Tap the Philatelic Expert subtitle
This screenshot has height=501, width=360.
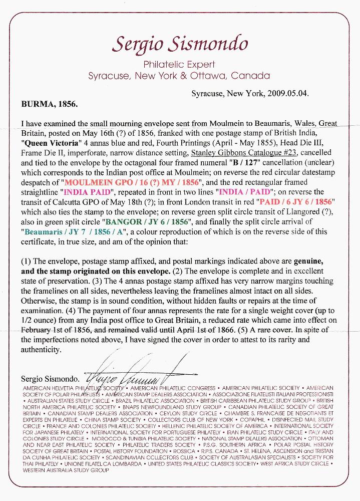[x=179, y=65]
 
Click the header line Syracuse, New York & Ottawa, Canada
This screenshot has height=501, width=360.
[x=179, y=76]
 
